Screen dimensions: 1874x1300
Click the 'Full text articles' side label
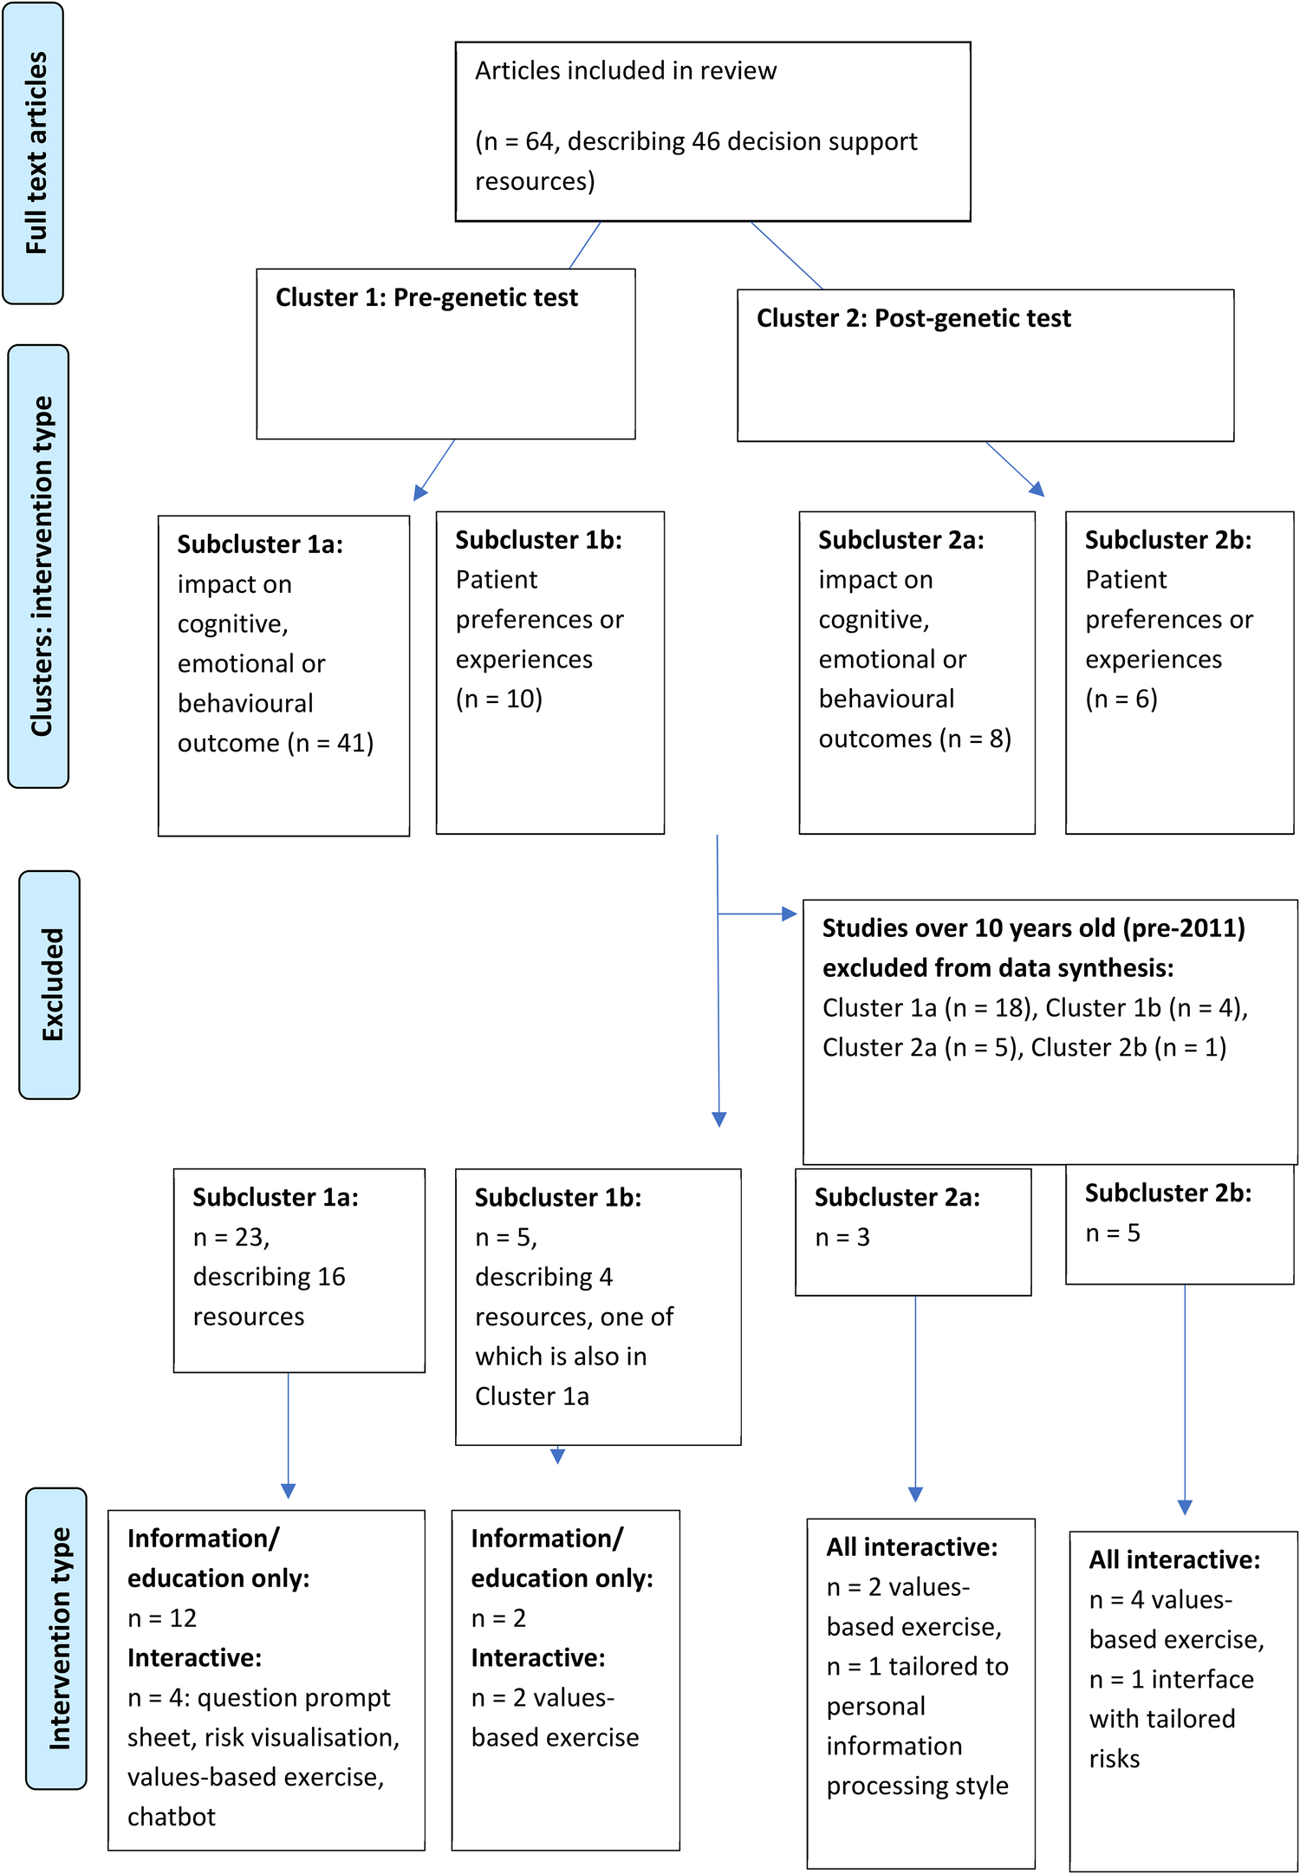pyautogui.click(x=35, y=153)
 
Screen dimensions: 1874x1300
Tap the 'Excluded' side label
pyautogui.click(x=50, y=985)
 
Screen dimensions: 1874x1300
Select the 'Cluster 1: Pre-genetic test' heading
pyautogui.click(x=426, y=297)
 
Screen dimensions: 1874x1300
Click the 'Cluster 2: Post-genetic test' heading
pyautogui.click(x=913, y=318)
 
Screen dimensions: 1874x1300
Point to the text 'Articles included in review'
pyautogui.click(x=625, y=70)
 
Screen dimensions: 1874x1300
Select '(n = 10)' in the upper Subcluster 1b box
pyautogui.click(x=499, y=699)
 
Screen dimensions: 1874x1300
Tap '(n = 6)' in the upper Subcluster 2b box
pyautogui.click(x=1121, y=699)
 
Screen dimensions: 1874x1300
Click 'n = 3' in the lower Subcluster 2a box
pyautogui.click(x=842, y=1237)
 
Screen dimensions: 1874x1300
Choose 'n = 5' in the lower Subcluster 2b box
pyautogui.click(x=1113, y=1233)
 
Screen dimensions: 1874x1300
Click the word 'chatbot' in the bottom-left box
pyautogui.click(x=172, y=1816)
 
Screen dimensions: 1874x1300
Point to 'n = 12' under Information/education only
pyautogui.click(x=162, y=1617)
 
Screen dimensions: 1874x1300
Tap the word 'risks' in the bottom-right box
pyautogui.click(x=1115, y=1759)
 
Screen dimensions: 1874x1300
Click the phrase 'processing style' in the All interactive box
pyautogui.click(x=917, y=1786)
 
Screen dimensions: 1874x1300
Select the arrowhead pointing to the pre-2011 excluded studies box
pyautogui.click(x=789, y=914)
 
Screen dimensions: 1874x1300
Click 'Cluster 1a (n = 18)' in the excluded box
pyautogui.click(x=927, y=1008)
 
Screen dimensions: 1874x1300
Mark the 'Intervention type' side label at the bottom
pyautogui.click(x=57, y=1638)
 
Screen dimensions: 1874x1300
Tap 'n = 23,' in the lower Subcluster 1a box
pyautogui.click(x=231, y=1237)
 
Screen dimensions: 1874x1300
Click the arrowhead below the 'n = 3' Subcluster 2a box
pyautogui.click(x=915, y=1494)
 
